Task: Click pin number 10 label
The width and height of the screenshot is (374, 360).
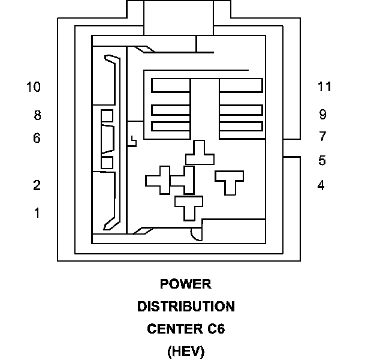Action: (x=34, y=86)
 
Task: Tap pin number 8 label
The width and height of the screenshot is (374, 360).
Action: (x=37, y=115)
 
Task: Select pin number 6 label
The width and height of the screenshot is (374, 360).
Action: (x=37, y=138)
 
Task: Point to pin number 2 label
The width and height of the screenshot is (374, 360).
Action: (x=37, y=185)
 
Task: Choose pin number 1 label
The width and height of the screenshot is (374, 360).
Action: (x=37, y=213)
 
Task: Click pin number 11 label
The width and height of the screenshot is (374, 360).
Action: (x=324, y=86)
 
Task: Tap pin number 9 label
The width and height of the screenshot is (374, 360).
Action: (x=322, y=115)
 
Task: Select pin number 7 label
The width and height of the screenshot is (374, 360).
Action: (x=322, y=136)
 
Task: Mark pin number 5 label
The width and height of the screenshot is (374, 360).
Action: (x=322, y=160)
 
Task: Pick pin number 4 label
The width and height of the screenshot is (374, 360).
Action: (x=321, y=185)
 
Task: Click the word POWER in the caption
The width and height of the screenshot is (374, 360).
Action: (x=186, y=284)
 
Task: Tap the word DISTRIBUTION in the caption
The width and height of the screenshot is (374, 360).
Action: (x=186, y=307)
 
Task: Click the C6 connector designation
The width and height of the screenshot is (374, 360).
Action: (x=216, y=329)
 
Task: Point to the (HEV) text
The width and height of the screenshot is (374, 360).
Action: (x=186, y=352)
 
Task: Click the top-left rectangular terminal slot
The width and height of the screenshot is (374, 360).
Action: (x=171, y=85)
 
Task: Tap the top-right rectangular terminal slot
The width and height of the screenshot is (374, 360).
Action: (x=241, y=85)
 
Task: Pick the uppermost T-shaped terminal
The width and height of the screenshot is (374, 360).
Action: (x=200, y=153)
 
